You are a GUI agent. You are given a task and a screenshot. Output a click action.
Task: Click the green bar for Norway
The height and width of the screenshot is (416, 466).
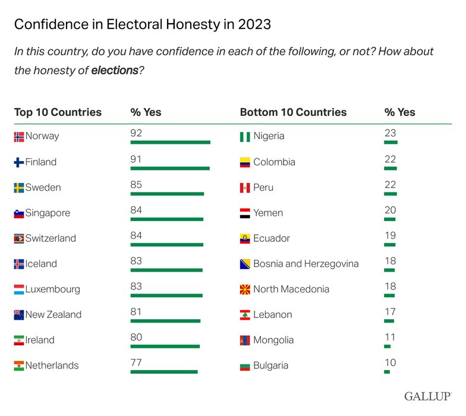[x=170, y=143]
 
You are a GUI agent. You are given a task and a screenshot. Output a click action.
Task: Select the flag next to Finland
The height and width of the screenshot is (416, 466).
[x=19, y=162]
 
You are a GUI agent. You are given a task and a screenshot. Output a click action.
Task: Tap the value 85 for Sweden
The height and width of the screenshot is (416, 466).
[x=136, y=185]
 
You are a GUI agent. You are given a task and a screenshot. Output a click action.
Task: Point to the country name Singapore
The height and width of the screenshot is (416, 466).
[x=48, y=213]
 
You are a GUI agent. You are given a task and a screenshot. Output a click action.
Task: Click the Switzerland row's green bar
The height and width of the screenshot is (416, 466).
[x=166, y=245]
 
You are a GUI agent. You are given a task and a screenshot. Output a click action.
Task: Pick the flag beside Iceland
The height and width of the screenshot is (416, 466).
[x=19, y=264]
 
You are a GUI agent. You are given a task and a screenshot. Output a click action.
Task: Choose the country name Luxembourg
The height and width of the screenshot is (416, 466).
[x=52, y=289]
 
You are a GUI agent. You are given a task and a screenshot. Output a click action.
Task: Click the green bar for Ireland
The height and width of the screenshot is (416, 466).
[x=165, y=346]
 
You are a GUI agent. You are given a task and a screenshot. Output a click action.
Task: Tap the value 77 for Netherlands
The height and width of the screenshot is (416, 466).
[x=136, y=363]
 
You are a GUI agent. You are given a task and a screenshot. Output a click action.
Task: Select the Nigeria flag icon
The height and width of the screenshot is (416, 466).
[x=244, y=137]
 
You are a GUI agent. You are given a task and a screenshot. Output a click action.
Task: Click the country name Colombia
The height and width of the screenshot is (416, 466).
[x=274, y=162]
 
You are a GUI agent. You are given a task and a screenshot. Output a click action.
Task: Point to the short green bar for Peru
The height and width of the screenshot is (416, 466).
[x=390, y=194]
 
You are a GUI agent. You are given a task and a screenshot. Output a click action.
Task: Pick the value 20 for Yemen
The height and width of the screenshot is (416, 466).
[x=390, y=210]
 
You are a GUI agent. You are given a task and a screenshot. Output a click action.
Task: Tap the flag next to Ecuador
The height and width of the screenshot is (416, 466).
[x=244, y=239]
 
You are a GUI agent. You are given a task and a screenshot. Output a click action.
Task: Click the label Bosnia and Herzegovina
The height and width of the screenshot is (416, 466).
[x=306, y=264]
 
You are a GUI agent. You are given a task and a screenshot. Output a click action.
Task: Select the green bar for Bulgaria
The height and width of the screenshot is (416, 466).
[x=387, y=372]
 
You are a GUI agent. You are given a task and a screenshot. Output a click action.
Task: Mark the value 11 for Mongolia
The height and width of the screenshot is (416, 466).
[x=390, y=338]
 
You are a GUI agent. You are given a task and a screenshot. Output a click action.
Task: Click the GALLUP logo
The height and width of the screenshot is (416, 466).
[x=428, y=396]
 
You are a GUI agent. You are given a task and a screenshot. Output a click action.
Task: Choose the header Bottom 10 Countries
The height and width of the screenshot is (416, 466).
[x=293, y=112]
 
